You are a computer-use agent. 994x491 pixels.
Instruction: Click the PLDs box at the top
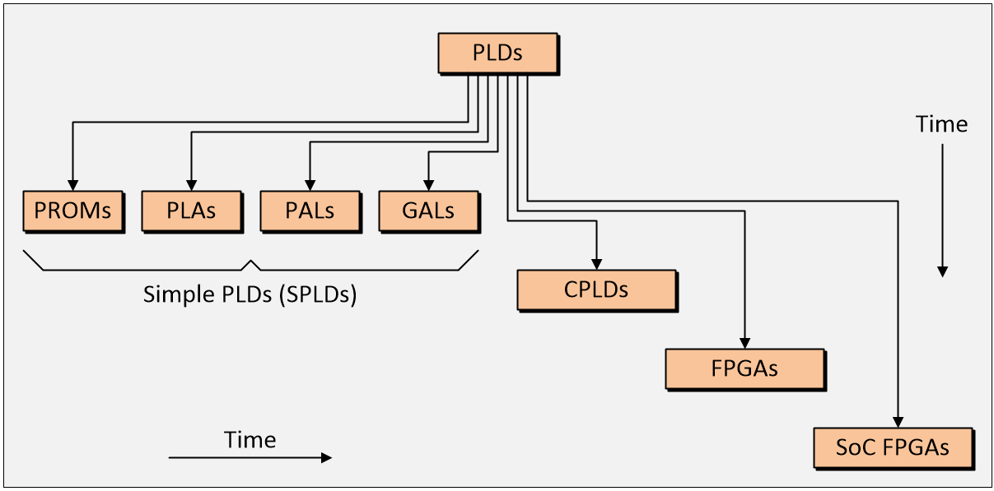497,53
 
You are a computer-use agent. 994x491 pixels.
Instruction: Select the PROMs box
72,211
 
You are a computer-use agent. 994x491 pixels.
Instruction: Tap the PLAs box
191,211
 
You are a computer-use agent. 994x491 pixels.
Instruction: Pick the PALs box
310,211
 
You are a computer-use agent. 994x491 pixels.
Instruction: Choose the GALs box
428,211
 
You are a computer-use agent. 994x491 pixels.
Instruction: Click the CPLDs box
596,290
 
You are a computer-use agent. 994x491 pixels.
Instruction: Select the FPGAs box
744,368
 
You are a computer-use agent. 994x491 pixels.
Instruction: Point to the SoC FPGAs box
893,447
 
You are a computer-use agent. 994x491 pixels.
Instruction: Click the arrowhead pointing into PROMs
72,185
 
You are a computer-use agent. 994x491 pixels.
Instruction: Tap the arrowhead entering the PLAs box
191,185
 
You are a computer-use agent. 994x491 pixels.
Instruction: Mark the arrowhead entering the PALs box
310,185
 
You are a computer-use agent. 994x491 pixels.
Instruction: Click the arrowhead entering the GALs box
428,185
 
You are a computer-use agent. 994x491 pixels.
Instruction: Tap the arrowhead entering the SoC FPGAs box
898,422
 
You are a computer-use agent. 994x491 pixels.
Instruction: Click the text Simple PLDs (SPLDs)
250,294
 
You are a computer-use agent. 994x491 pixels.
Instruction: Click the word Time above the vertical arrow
941,125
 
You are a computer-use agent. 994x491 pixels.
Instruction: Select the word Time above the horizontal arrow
250,440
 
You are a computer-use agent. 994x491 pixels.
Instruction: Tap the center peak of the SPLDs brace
251,262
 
